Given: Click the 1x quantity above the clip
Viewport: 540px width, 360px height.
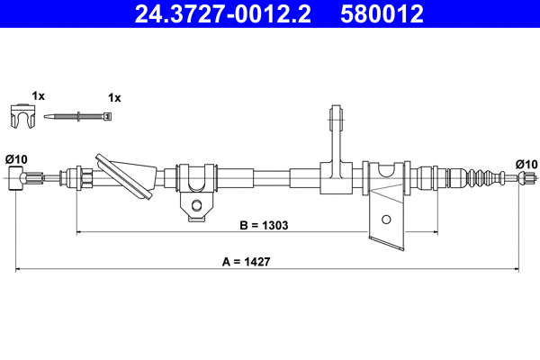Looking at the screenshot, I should [38, 95].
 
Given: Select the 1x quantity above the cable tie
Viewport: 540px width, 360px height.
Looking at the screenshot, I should [114, 96].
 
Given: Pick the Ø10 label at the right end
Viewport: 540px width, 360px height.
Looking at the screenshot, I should [526, 163].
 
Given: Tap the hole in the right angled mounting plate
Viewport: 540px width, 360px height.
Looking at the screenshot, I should [386, 219].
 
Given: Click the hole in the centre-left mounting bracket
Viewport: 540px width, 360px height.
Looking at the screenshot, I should [195, 208].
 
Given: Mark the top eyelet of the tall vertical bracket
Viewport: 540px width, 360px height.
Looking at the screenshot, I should [337, 117].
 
